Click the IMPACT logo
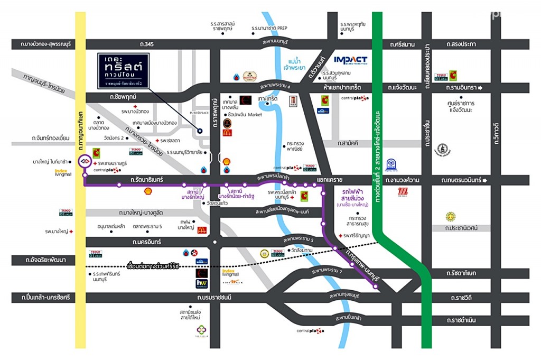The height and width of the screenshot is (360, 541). (350, 60)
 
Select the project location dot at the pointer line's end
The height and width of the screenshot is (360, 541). (200, 131)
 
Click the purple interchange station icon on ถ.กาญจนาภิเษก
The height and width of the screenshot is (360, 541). (83, 161)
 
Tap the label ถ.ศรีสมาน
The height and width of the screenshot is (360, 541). (400, 44)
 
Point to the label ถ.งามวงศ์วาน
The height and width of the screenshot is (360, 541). (403, 180)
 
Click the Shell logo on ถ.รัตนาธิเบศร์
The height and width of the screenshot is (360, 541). (148, 190)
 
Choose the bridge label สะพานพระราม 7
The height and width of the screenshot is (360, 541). (327, 271)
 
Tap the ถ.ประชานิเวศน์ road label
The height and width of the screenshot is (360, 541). (458, 228)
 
